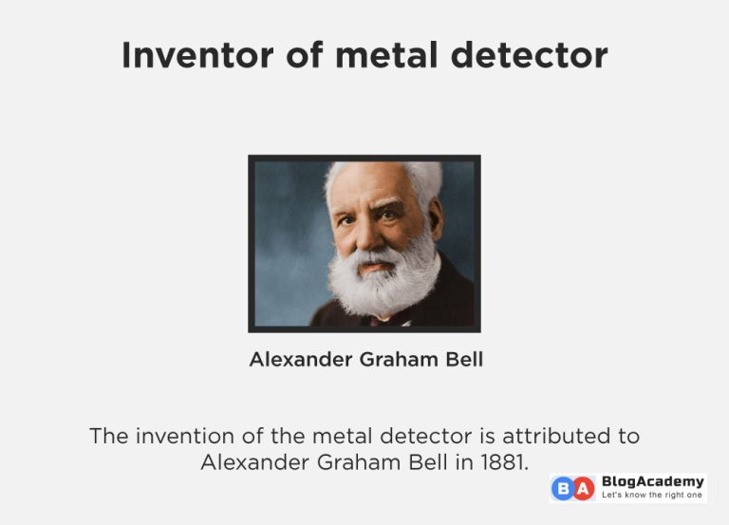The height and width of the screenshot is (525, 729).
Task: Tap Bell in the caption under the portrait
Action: (x=463, y=360)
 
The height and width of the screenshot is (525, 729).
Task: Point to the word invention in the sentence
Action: (x=182, y=437)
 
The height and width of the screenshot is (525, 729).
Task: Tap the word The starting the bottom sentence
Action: (x=108, y=437)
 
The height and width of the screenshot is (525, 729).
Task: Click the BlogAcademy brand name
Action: (x=653, y=481)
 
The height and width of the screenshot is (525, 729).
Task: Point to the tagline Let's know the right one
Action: (x=653, y=496)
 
